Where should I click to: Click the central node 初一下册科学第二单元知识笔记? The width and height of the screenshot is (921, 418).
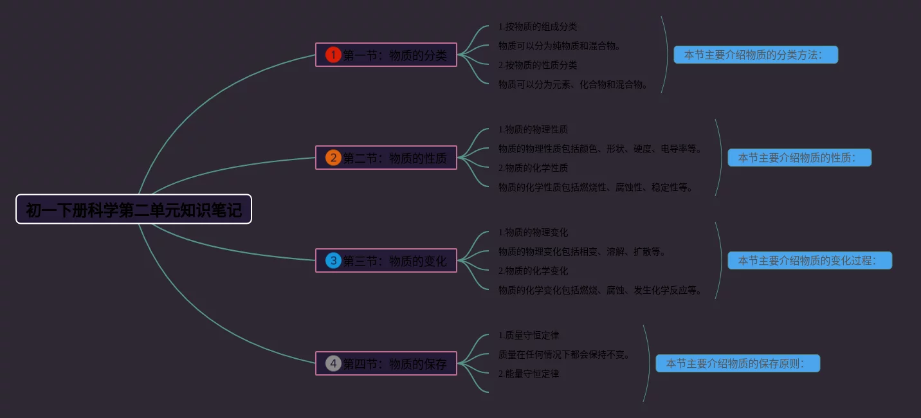(134, 210)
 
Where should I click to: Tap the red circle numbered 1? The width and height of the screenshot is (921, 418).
(333, 55)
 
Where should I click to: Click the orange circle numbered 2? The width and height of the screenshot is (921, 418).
(333, 158)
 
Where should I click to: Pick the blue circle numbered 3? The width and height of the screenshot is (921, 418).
(333, 260)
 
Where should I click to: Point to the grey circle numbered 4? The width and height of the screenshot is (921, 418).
(333, 363)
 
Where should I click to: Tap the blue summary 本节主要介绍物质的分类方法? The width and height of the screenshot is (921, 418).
(756, 55)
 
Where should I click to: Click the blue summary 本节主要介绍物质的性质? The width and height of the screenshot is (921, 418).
(799, 158)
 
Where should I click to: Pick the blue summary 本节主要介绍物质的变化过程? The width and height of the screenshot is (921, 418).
(810, 260)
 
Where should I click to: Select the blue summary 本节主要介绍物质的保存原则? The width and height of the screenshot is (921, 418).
(738, 363)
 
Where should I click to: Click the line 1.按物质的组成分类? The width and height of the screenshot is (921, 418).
(538, 26)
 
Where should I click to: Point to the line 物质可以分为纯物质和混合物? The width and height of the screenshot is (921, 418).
(560, 46)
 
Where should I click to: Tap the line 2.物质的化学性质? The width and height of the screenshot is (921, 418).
(533, 168)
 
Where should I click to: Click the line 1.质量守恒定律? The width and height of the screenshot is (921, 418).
(529, 335)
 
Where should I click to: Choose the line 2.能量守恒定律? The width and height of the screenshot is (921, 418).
(529, 374)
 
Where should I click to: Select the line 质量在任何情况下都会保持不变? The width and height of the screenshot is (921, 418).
(564, 354)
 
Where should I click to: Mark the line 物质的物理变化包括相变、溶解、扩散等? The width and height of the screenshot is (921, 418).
(582, 251)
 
